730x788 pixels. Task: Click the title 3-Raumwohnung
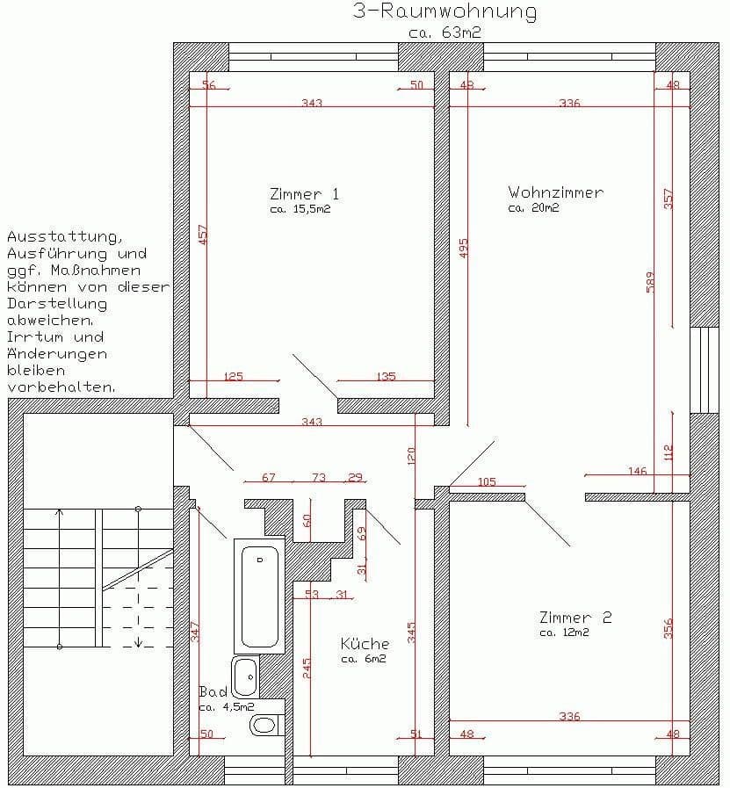[x=444, y=11]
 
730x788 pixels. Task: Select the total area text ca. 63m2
[x=445, y=33]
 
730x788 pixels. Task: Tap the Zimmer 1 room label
[x=304, y=194]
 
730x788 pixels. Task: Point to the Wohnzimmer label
[x=555, y=192]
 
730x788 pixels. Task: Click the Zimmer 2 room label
[x=575, y=618]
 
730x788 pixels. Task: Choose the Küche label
[x=365, y=644]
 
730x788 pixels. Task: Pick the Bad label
[x=213, y=691]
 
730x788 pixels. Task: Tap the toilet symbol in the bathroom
[x=263, y=725]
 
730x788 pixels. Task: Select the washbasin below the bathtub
[x=247, y=676]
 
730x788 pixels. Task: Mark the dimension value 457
[x=204, y=235]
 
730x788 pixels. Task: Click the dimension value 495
[x=464, y=249]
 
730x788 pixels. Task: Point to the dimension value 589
[x=651, y=282]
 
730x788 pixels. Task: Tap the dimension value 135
[x=386, y=377]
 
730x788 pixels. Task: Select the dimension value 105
[x=486, y=482]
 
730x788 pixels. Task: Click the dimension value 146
[x=637, y=472]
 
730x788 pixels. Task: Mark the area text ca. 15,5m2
[x=300, y=210]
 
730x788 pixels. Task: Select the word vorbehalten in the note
[x=61, y=387]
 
